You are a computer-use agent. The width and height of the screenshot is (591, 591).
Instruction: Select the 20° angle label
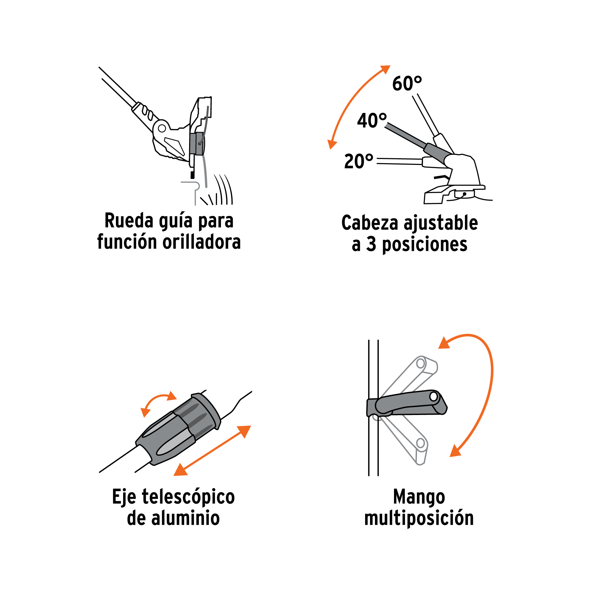pyautogui.click(x=359, y=161)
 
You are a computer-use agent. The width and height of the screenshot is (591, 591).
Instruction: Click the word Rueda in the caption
pyautogui.click(x=129, y=220)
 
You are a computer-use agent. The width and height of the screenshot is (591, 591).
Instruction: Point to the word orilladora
pyautogui.click(x=202, y=242)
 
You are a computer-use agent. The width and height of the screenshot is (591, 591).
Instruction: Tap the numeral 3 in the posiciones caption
pyautogui.click(x=371, y=244)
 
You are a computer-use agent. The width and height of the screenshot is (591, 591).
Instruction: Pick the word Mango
pyautogui.click(x=419, y=497)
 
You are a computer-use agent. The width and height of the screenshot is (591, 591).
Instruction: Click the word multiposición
pyautogui.click(x=419, y=518)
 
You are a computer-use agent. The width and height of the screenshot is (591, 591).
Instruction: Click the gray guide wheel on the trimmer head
pyautogui.click(x=197, y=143)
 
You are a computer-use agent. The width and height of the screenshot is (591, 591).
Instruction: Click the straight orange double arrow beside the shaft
pyautogui.click(x=212, y=450)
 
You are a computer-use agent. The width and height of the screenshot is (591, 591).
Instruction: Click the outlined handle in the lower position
pyautogui.click(x=407, y=440)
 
